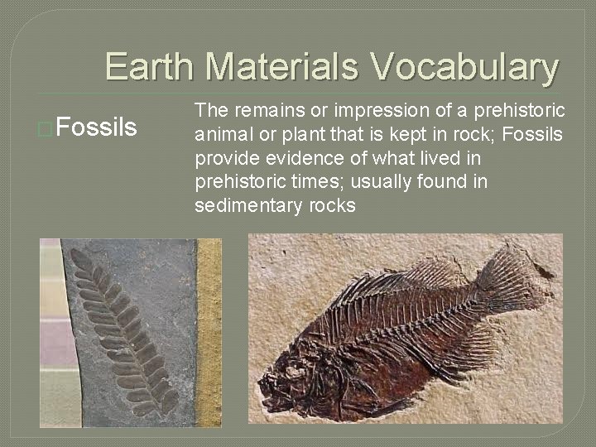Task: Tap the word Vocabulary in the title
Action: [x=464, y=67]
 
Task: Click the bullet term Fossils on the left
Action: [x=99, y=128]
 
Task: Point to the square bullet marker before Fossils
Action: [x=47, y=129]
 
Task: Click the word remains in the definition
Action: [x=262, y=110]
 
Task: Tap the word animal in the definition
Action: [x=220, y=134]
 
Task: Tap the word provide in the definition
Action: [x=223, y=158]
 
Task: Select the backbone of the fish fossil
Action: [x=406, y=323]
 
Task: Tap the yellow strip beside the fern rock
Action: [x=209, y=331]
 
